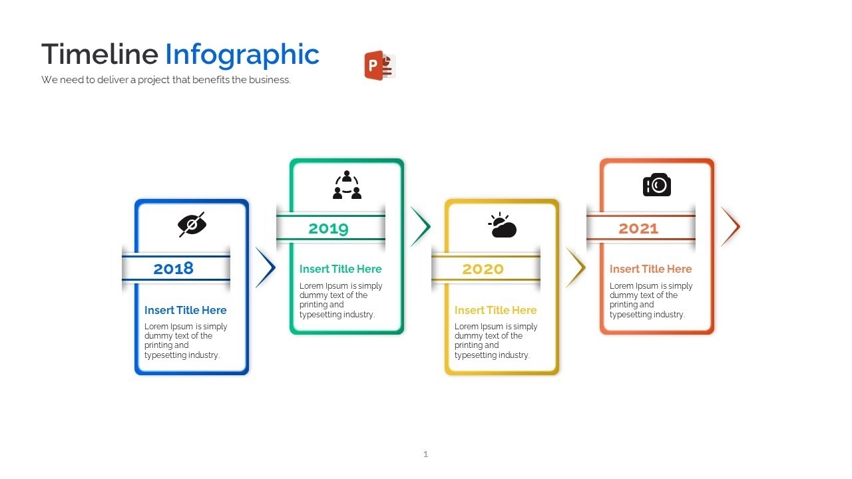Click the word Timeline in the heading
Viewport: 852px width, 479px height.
[x=100, y=54]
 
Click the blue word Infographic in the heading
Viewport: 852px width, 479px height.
[x=242, y=55]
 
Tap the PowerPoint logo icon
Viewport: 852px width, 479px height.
[x=379, y=65]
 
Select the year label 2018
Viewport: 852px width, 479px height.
[x=174, y=268]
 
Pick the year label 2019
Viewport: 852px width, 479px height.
[x=329, y=228]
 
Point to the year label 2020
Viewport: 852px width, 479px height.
[x=483, y=269]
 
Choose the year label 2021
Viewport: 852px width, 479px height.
[x=638, y=228]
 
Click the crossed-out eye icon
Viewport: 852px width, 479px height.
[x=192, y=224]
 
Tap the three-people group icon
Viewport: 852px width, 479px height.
[x=347, y=185]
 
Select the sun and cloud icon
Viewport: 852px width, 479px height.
[x=502, y=225]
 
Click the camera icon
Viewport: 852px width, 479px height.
[x=657, y=185]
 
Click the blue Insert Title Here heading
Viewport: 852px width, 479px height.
[x=185, y=310]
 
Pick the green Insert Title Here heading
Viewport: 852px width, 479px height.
[x=340, y=269]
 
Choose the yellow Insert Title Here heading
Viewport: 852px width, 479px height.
[x=496, y=310]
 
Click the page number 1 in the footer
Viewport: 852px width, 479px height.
[x=425, y=454]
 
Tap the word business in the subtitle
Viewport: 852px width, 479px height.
[x=270, y=80]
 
